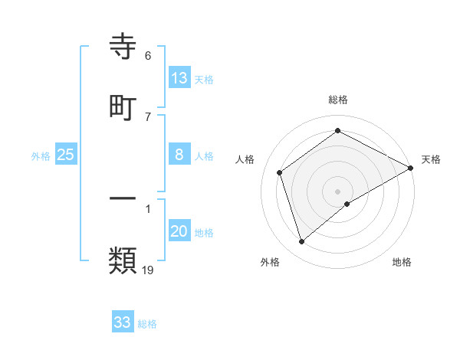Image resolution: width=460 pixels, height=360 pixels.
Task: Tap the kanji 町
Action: point(123,107)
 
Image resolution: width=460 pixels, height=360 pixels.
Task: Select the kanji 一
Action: point(123,198)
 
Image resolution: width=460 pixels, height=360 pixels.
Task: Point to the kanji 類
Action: point(123,261)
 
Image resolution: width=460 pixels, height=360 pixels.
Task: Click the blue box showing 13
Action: point(179,77)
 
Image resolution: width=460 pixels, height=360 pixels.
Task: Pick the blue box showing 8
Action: point(179,155)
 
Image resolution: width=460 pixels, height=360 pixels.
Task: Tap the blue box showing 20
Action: point(179,231)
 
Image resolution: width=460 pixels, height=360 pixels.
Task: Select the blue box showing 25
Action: point(66,155)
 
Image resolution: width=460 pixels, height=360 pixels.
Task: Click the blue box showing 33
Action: point(123,322)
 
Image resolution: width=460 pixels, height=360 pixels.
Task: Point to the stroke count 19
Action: point(148,270)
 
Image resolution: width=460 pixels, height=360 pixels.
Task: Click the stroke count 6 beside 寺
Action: point(148,55)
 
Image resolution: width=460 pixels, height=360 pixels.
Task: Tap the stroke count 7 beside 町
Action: point(148,116)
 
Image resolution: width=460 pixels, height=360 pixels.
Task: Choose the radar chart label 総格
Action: point(338,100)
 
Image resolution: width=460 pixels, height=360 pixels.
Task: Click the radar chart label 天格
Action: point(432,159)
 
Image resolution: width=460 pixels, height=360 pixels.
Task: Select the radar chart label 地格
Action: point(402,262)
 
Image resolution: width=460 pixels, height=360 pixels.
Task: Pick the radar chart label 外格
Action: point(270,262)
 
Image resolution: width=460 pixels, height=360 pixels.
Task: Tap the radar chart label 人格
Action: point(245,159)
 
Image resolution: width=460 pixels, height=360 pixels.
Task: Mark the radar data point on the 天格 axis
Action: point(411,167)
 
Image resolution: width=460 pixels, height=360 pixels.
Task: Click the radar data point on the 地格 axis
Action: point(347,204)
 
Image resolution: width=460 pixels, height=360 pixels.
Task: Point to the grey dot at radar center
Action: point(338,191)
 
